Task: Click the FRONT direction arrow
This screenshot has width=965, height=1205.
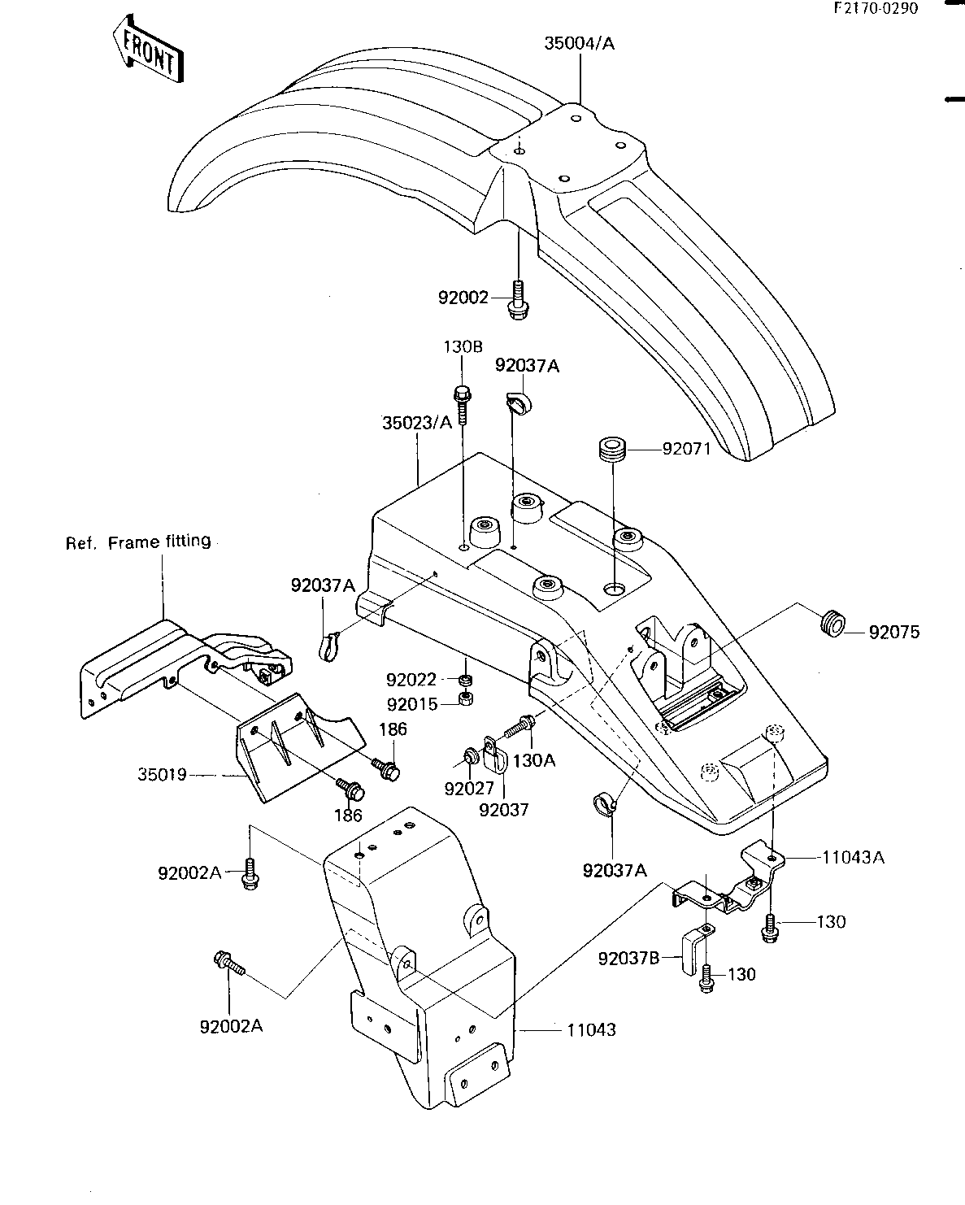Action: coord(148,49)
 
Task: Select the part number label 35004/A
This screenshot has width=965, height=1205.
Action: coord(579,43)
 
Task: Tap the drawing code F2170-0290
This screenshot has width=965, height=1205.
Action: coord(876,8)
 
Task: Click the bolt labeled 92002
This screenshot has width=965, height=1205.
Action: coord(518,300)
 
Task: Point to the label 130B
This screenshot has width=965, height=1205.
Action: coord(463,347)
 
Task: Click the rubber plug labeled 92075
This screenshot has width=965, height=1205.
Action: coord(832,624)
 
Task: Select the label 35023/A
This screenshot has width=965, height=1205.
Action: coord(417,423)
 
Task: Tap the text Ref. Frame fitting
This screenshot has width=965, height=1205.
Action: coord(138,542)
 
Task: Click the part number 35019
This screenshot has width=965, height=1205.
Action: coord(162,774)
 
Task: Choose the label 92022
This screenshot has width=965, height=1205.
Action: coord(411,680)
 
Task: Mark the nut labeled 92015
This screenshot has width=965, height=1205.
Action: coord(465,698)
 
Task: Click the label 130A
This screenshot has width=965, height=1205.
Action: coord(534,760)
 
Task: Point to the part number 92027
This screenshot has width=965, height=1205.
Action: coord(469,789)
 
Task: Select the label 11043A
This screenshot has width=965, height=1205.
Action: coord(853,857)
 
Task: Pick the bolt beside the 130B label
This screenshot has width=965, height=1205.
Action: coord(462,405)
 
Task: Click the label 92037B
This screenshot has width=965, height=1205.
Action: coord(629,959)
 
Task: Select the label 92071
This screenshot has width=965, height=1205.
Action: coord(687,449)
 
